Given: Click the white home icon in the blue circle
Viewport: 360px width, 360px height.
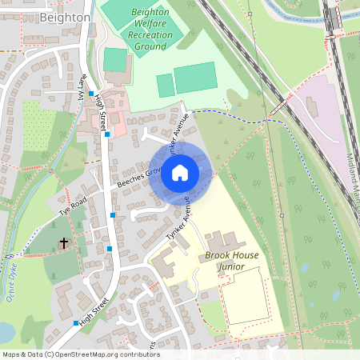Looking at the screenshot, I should pyautogui.click(x=180, y=172).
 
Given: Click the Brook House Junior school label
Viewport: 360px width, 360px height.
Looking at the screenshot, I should pyautogui.click(x=219, y=265).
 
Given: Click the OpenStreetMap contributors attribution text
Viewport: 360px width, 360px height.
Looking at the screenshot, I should pyautogui.click(x=80, y=354).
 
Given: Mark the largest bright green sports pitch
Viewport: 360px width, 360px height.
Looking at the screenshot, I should pyautogui.click(x=195, y=78).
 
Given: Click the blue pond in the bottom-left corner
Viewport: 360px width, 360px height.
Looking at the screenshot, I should pyautogui.click(x=5, y=331).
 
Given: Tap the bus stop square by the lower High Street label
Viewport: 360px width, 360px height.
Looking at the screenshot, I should pyautogui.click(x=76, y=323).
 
